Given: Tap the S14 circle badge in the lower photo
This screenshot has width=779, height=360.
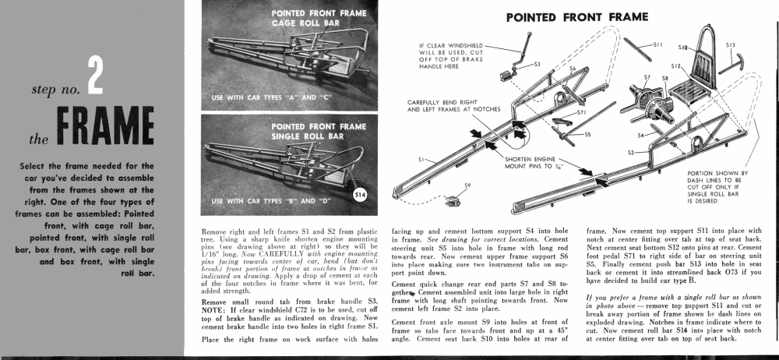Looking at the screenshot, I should point(360,195).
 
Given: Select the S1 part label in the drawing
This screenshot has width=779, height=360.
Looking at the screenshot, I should point(421,160).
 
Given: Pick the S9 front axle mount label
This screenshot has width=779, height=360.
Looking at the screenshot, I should point(467,185).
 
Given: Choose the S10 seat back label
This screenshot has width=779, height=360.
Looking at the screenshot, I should point(682,48).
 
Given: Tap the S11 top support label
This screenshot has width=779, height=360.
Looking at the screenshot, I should point(658,45).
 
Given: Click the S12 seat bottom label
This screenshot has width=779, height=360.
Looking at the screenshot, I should point(675,68).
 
